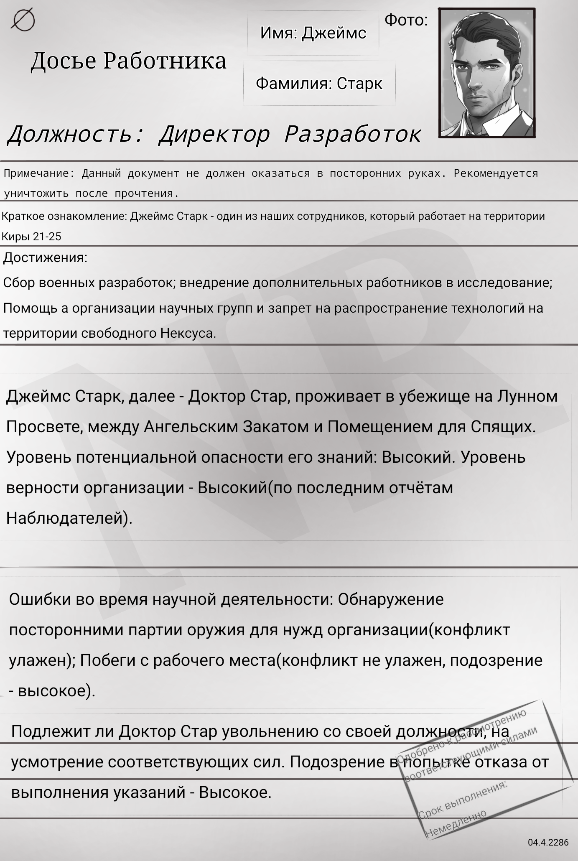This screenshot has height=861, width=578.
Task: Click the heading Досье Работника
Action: click(x=128, y=61)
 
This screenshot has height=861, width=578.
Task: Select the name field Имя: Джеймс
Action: click(x=313, y=33)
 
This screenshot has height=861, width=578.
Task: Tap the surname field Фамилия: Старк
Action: click(x=319, y=84)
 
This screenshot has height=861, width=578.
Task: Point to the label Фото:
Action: click(x=406, y=20)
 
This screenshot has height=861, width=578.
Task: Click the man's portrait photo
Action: click(x=487, y=73)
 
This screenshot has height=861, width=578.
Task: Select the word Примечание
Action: click(x=36, y=173)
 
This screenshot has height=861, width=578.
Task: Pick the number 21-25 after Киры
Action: click(x=47, y=237)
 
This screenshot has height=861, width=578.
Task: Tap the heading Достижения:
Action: click(x=45, y=258)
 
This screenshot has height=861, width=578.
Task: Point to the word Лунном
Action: click(x=527, y=396)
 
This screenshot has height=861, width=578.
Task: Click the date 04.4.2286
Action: click(x=548, y=842)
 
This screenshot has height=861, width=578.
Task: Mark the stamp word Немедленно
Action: click(x=456, y=823)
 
